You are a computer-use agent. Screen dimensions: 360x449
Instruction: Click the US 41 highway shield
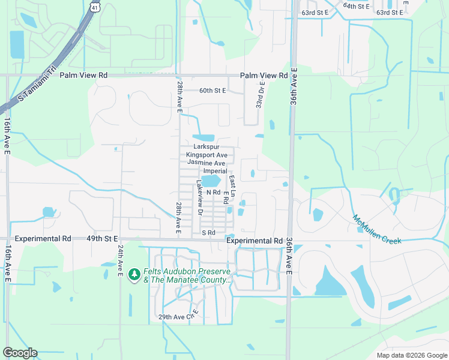94,6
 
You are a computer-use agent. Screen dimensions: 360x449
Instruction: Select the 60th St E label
212,91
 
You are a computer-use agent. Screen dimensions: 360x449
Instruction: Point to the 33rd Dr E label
261,95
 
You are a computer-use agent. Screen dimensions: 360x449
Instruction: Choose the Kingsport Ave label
206,155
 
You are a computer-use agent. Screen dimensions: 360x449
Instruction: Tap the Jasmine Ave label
206,163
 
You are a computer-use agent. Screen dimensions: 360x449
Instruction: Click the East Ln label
234,184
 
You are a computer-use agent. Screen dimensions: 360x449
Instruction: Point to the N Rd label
213,192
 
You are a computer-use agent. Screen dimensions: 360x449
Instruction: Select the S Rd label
208,232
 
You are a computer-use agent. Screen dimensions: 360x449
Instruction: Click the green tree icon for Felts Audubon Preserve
134,275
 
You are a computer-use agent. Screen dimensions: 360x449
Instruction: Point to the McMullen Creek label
376,229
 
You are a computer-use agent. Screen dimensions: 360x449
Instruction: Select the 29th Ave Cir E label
178,317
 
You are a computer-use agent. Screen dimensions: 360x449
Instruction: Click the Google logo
20,353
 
